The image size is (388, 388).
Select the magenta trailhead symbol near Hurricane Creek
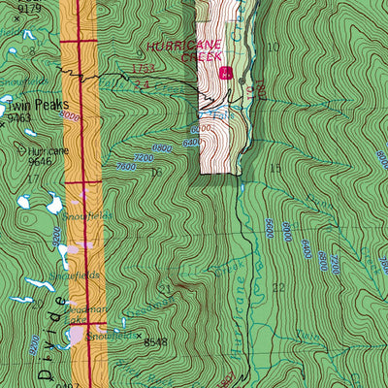point(226,73)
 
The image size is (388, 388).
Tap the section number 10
point(274,47)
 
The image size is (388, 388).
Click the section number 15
point(275,169)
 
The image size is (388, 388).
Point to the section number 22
point(278,288)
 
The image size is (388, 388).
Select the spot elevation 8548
point(155,342)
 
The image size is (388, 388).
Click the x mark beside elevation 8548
point(138,336)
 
